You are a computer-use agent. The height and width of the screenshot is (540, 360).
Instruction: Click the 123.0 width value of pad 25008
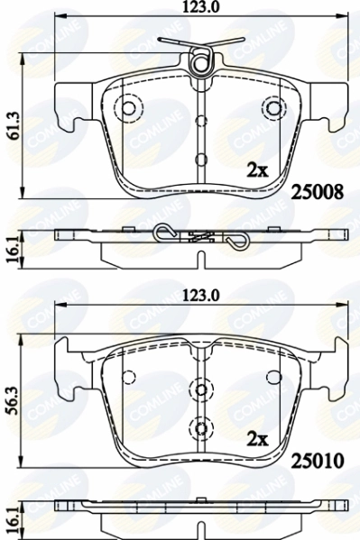point(199,8)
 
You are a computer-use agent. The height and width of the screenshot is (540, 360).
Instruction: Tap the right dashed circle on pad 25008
point(272,108)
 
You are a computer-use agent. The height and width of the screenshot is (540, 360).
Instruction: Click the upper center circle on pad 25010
point(199,389)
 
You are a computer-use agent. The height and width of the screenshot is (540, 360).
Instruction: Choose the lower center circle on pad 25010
point(199,426)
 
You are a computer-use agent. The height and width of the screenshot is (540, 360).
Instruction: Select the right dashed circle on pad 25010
point(272,376)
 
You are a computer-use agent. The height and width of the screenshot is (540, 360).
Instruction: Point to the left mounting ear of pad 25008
point(68,106)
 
